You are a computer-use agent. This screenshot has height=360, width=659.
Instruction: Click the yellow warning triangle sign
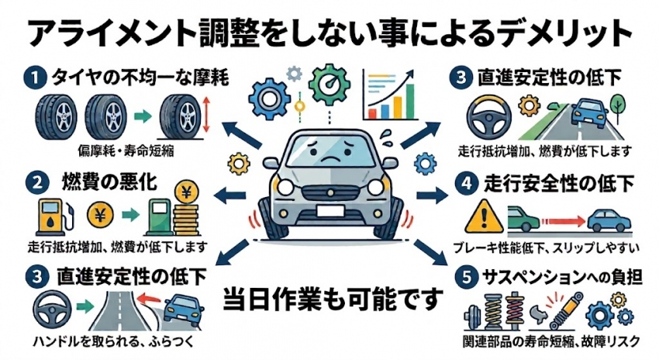click(x=484, y=216)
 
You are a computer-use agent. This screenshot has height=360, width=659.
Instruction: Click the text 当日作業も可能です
click(x=333, y=299)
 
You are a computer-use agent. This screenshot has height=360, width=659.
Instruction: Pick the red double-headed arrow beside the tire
click(x=205, y=114)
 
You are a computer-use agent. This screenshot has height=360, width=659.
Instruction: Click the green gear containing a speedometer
click(x=329, y=85)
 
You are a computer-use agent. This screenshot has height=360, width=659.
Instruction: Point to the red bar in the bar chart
click(x=372, y=113)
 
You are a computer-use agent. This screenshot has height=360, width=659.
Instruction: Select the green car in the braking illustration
click(x=523, y=220)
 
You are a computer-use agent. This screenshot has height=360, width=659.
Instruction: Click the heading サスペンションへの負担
click(x=562, y=278)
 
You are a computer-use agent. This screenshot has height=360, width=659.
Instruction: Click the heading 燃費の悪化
click(x=109, y=183)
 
